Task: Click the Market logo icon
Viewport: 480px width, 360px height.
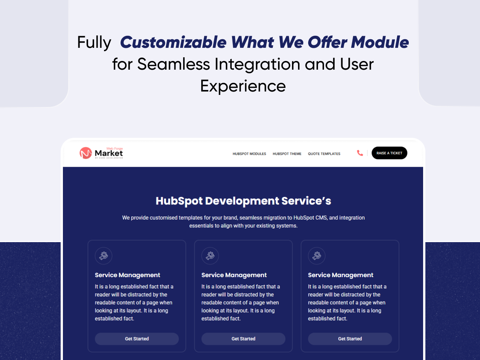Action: click(x=86, y=153)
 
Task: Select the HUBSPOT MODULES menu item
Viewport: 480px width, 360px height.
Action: click(x=249, y=154)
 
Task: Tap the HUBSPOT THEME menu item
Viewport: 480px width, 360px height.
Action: click(x=287, y=154)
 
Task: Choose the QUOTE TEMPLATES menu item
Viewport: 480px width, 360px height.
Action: click(x=324, y=154)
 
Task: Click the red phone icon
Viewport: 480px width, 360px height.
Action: click(x=360, y=153)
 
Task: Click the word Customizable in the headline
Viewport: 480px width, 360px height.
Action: click(x=173, y=42)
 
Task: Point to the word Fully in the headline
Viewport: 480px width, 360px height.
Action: click(x=94, y=42)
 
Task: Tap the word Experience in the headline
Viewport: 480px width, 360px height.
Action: click(x=243, y=86)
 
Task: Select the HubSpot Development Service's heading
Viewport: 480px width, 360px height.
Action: click(x=243, y=201)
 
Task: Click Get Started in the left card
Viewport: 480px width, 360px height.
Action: click(x=137, y=339)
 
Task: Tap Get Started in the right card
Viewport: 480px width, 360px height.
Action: click(x=350, y=339)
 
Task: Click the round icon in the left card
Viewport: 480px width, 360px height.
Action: click(x=104, y=256)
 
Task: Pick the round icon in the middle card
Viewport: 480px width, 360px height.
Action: click(x=210, y=256)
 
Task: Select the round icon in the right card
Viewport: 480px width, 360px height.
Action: click(x=317, y=256)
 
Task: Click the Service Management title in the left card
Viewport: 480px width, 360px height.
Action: click(x=127, y=275)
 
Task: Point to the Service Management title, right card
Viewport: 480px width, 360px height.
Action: click(x=341, y=275)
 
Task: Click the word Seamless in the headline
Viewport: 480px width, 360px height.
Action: click(x=174, y=64)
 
